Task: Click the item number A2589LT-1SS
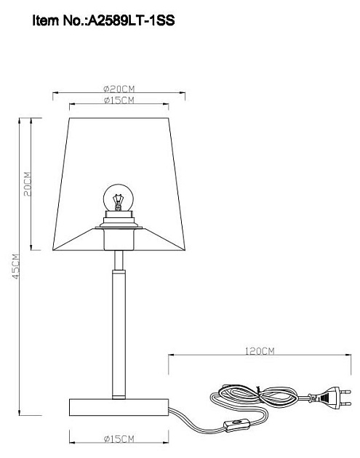point(132,23)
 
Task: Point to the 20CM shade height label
point(27,186)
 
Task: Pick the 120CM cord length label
point(258,350)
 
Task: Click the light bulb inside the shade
point(118,196)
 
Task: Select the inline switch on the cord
point(236,424)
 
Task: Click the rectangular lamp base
point(119,404)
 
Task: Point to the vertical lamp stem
point(119,327)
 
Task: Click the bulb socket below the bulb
point(119,219)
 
